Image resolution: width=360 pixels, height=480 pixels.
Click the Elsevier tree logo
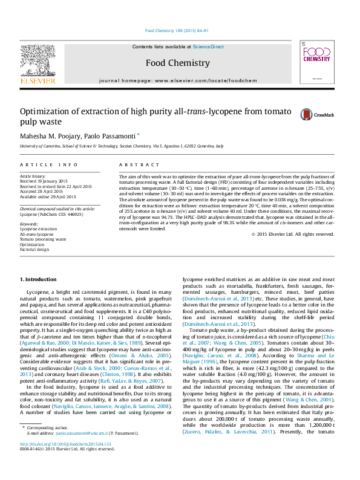38,60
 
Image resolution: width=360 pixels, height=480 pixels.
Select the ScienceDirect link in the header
208,47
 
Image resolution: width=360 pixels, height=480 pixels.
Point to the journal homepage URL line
177,80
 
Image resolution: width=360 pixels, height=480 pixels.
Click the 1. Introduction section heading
39,279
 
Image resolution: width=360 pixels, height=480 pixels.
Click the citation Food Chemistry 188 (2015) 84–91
177,30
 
